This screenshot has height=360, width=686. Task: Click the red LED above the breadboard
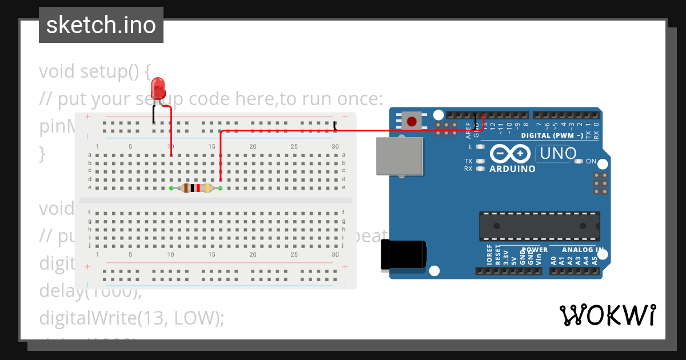[x=158, y=89]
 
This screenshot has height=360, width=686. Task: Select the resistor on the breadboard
[x=196, y=188]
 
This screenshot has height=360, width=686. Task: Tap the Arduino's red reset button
[x=411, y=121]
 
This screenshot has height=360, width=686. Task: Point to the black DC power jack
[x=404, y=254]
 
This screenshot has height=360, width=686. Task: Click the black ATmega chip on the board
[x=540, y=226]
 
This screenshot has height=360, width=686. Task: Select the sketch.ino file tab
[x=101, y=25]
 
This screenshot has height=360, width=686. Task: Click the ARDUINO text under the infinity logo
[x=512, y=169]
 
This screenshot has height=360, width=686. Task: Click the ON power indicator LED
[x=579, y=161]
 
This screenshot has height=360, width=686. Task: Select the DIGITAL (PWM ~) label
[x=552, y=135]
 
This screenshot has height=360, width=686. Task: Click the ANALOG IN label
[x=582, y=250]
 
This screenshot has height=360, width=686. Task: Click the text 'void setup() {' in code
[x=94, y=71]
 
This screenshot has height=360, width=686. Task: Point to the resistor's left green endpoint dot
[x=171, y=188]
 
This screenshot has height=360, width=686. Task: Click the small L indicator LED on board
[x=480, y=147]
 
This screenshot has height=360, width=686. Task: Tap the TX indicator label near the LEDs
[x=468, y=161]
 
